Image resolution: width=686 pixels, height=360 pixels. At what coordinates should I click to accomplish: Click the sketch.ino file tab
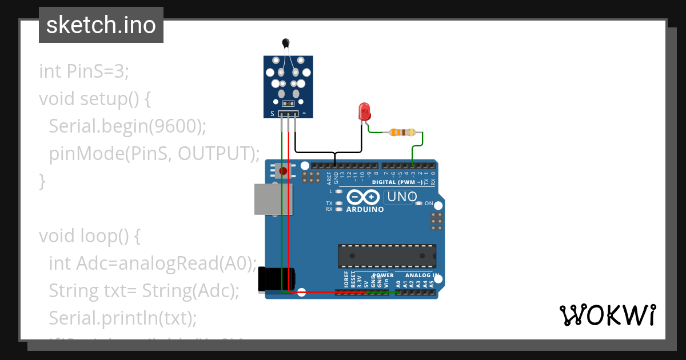click(101, 25)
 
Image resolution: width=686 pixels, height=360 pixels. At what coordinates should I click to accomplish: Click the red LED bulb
click(364, 111)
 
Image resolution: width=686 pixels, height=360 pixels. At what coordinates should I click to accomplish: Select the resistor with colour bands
click(402, 133)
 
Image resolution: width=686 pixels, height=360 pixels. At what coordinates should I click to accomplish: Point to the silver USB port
click(273, 199)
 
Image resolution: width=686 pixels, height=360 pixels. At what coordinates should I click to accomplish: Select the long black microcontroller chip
click(386, 256)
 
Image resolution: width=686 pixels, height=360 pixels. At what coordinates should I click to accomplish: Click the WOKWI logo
click(607, 315)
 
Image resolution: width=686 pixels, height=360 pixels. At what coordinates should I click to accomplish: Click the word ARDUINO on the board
click(365, 210)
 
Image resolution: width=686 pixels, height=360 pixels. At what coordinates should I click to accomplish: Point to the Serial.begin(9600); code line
click(127, 126)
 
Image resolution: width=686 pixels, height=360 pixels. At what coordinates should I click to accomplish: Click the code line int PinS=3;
click(85, 71)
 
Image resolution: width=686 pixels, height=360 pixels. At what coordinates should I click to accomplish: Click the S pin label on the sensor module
click(272, 114)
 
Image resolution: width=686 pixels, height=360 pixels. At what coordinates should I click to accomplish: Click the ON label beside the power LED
click(429, 203)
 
